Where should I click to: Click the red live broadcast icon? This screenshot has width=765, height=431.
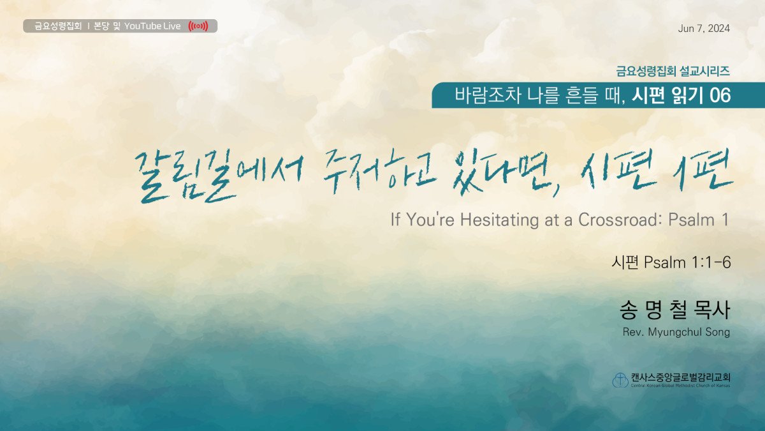tap(198, 26)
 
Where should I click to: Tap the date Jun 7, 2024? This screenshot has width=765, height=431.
tap(704, 28)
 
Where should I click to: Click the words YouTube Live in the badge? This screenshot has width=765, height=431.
tap(152, 26)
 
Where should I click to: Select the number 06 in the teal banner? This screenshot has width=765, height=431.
tap(720, 95)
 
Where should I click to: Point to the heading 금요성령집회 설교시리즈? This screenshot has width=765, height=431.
tap(673, 71)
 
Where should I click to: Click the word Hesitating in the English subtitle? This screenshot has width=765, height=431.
tap(499, 220)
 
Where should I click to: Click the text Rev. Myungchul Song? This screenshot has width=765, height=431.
tap(676, 332)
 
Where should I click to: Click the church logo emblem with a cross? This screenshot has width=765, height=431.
tap(620, 380)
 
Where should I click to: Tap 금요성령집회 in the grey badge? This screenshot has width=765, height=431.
tap(58, 26)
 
